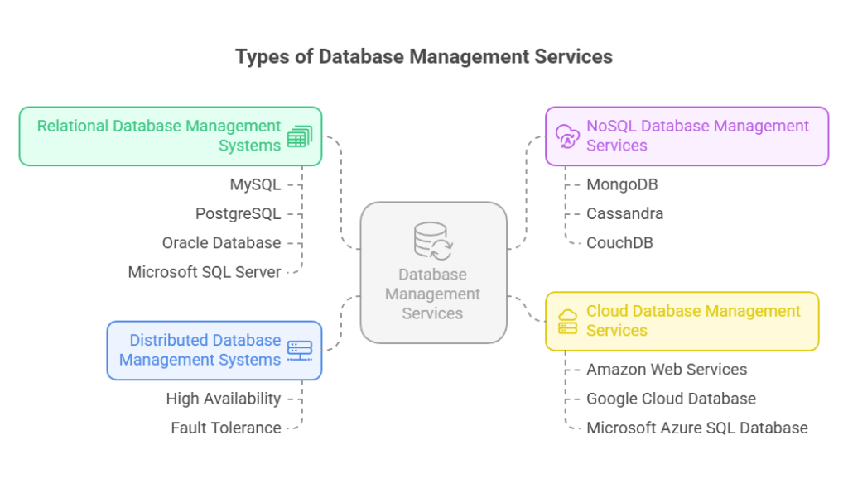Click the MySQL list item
coord(255,184)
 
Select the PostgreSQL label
coord(238,213)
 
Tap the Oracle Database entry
coord(221,242)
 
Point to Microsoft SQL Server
coord(204,272)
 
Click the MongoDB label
coord(622,184)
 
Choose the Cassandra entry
coord(624,213)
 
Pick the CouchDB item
coord(619,242)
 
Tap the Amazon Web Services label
coord(667,370)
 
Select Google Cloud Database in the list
coord(671,399)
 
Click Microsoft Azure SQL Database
coord(696,428)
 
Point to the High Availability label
coord(223,399)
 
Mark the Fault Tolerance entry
coord(225,428)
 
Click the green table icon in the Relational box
coord(299,136)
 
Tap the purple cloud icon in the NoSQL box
coord(567,136)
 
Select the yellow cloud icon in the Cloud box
coord(568,321)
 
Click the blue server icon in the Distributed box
coord(299,350)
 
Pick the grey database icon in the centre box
coord(432,241)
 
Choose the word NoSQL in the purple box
coord(611,127)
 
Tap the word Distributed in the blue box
coord(168,340)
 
